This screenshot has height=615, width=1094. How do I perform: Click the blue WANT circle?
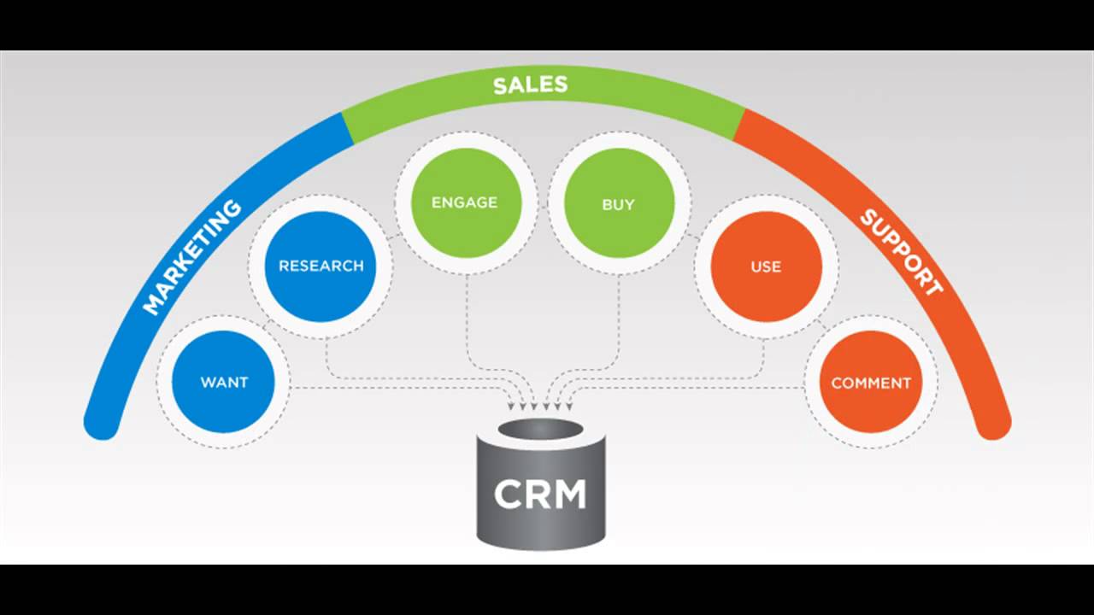pyautogui.click(x=223, y=382)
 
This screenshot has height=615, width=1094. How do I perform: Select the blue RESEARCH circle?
pyautogui.click(x=321, y=266)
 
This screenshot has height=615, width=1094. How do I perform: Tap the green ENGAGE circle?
pyautogui.click(x=465, y=202)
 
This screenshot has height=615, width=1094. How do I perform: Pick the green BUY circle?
pyautogui.click(x=619, y=204)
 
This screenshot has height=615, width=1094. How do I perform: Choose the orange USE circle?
pyautogui.click(x=766, y=266)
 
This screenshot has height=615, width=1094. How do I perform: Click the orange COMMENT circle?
pyautogui.click(x=871, y=383)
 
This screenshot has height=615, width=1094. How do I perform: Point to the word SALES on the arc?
pyautogui.click(x=530, y=85)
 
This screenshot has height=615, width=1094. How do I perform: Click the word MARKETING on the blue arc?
pyautogui.click(x=191, y=256)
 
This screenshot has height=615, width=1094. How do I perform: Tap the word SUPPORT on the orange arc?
pyautogui.click(x=901, y=252)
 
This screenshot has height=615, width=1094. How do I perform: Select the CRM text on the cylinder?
pyautogui.click(x=540, y=495)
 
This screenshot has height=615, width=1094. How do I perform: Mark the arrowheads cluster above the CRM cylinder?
pyautogui.click(x=540, y=407)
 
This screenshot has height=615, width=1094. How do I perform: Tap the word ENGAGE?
pyautogui.click(x=465, y=202)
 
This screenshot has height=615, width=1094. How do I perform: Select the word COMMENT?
pyautogui.click(x=871, y=383)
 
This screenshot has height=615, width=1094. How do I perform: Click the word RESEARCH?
pyautogui.click(x=321, y=266)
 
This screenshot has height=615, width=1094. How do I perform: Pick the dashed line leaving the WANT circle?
pyautogui.click(x=385, y=389)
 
